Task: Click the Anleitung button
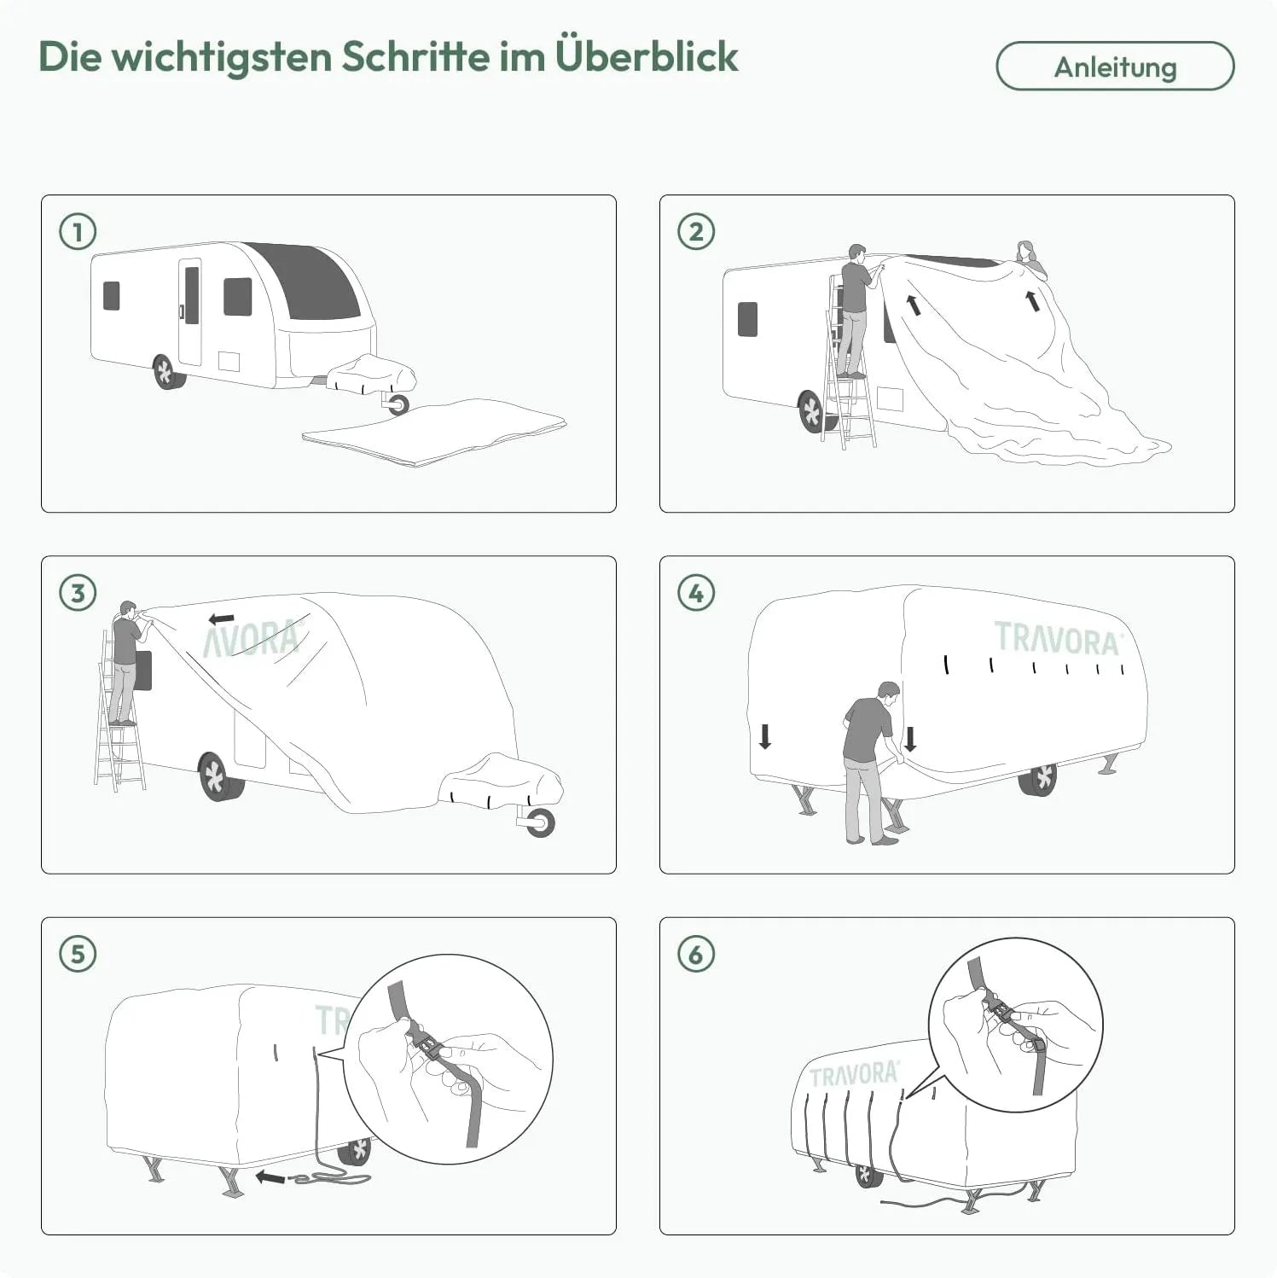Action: pos(1115,67)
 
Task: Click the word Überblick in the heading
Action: pos(647,56)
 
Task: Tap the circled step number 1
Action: pos(78,232)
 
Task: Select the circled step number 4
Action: pos(696,593)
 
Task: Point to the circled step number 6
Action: pos(696,954)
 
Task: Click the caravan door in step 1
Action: pos(190,311)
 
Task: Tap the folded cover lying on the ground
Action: pos(434,432)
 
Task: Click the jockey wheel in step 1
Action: pos(398,404)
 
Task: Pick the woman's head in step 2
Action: pos(1025,253)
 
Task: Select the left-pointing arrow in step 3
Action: pos(222,618)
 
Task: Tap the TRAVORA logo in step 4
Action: pos(1058,638)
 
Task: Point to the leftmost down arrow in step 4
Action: pos(765,736)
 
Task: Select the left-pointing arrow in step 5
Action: pos(270,1178)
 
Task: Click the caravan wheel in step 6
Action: pos(868,1175)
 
